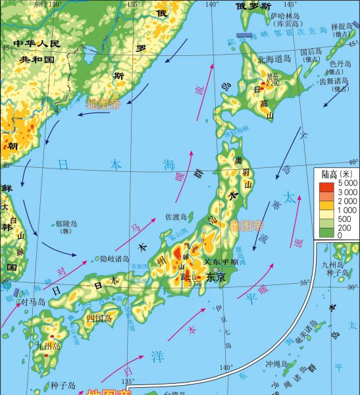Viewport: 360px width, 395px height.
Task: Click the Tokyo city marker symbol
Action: pyautogui.click(x=215, y=269)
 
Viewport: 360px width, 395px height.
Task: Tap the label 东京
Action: pyautogui.click(x=216, y=278)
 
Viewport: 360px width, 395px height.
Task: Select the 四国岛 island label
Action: pyautogui.click(x=99, y=317)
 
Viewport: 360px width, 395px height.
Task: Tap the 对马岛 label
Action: pyautogui.click(x=33, y=302)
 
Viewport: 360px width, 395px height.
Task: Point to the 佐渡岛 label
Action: pyautogui.click(x=176, y=216)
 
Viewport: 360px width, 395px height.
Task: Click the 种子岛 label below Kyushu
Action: pyautogui.click(x=63, y=386)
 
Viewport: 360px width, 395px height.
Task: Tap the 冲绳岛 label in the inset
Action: pyautogui.click(x=278, y=363)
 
